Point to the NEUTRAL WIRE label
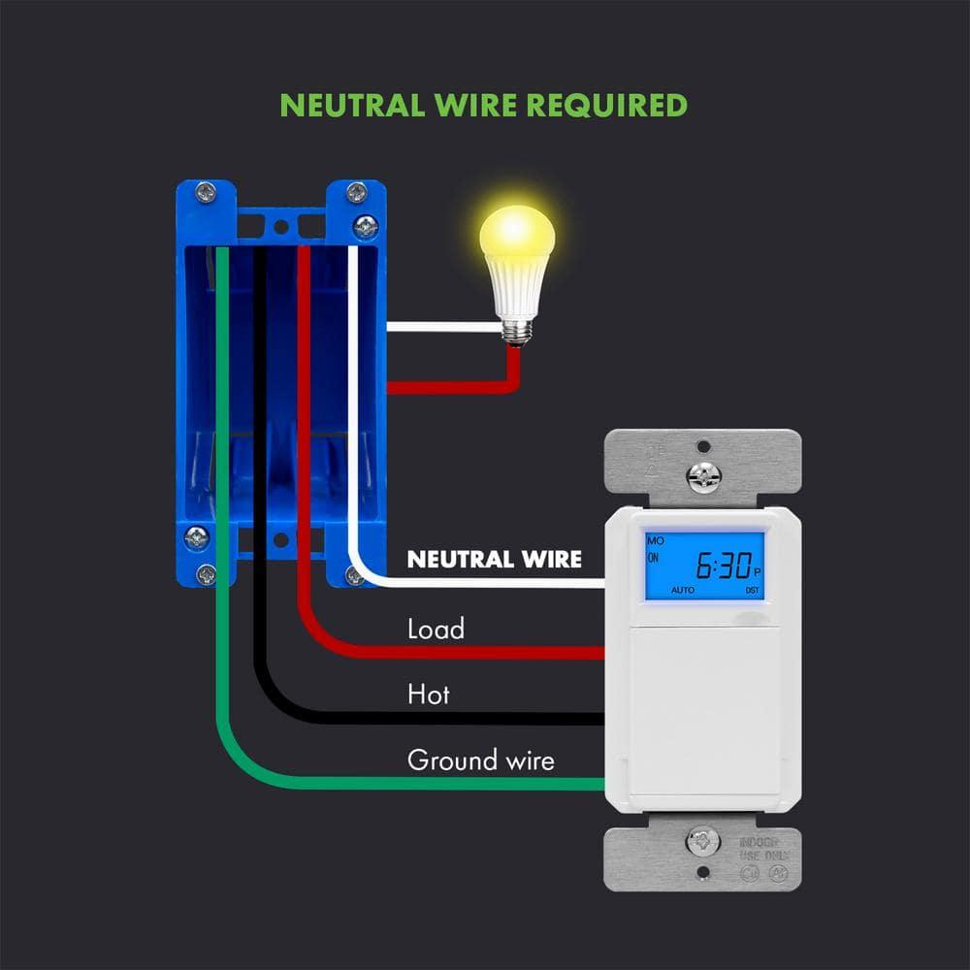pyautogui.click(x=495, y=560)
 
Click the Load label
pyautogui.click(x=436, y=630)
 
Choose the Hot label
pyautogui.click(x=428, y=695)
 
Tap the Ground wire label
pyautogui.click(x=480, y=760)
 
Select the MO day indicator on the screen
pyautogui.click(x=655, y=538)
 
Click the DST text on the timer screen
pyautogui.click(x=752, y=590)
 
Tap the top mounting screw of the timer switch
pyautogui.click(x=703, y=474)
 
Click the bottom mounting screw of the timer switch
pyautogui.click(x=703, y=842)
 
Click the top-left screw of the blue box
pyautogui.click(x=205, y=191)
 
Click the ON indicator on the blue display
pyautogui.click(x=653, y=558)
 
